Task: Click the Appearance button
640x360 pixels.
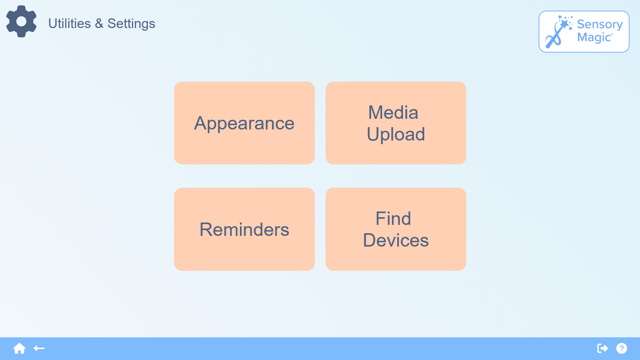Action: point(244,123)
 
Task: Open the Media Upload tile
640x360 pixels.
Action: point(396,123)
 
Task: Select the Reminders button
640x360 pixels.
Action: point(244,229)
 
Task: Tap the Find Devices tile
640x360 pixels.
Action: point(396,229)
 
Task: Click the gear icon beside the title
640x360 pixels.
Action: point(21,21)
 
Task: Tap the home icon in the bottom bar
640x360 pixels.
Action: point(19,348)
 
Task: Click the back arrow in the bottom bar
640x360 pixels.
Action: point(39,348)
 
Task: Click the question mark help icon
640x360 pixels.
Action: point(622,348)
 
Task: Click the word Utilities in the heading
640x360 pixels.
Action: point(69,24)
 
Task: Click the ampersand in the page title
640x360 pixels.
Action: point(99,24)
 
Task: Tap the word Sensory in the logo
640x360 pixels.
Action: point(600,25)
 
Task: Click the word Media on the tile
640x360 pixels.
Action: point(393,112)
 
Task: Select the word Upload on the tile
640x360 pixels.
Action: point(396,134)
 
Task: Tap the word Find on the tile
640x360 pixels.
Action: point(393,219)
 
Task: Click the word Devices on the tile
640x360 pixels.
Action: point(396,240)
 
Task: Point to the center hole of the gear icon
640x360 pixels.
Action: point(21,21)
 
